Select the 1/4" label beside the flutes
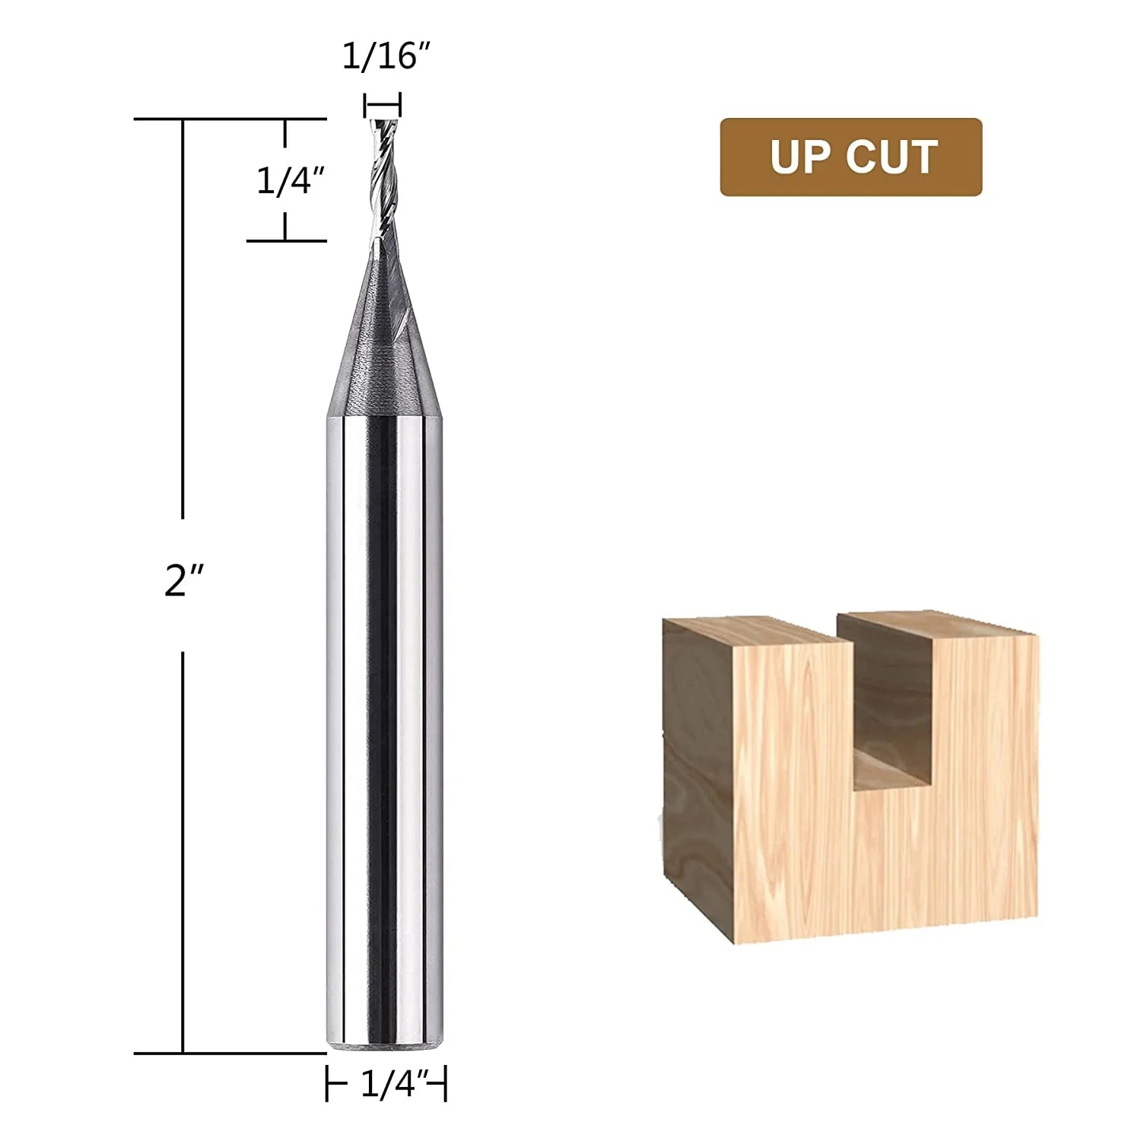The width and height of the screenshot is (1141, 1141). [x=291, y=181]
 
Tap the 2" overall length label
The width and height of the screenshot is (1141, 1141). [x=184, y=582]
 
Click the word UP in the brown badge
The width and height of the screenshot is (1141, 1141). [x=799, y=157]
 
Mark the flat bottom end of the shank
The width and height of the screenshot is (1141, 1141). [x=385, y=1049]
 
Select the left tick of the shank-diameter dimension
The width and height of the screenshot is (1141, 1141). [x=328, y=1083]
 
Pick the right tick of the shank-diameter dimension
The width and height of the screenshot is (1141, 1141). [x=445, y=1083]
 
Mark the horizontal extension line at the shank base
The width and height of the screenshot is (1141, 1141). [x=228, y=1054]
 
